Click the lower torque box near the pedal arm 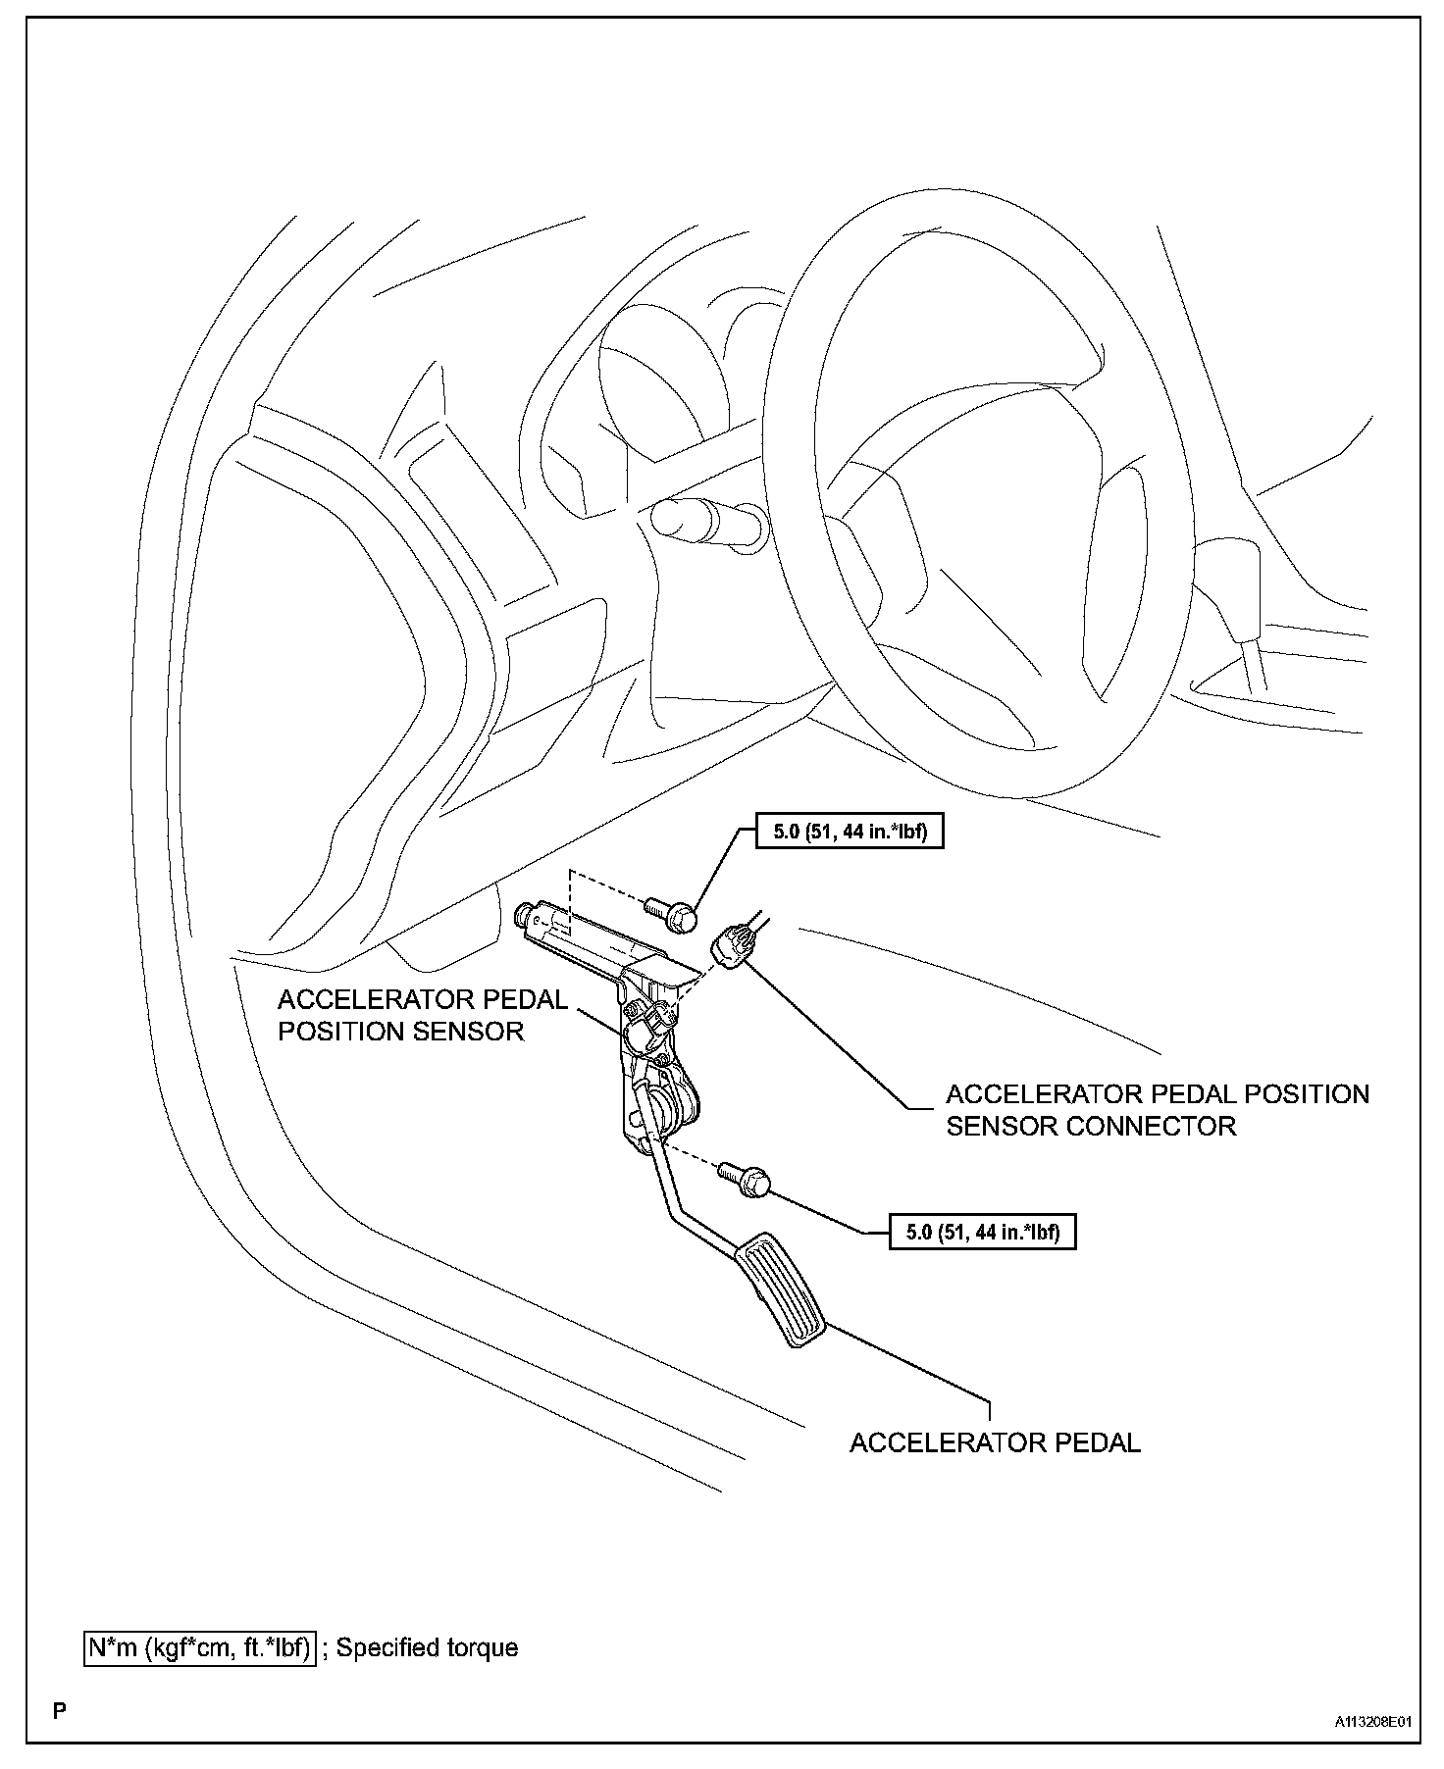pos(982,1232)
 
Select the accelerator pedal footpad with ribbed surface pos(781,1291)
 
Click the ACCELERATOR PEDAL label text pos(995,1443)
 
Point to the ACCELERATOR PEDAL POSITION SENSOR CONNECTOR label pos(1157,1109)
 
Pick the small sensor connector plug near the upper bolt pos(734,945)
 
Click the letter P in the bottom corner pos(60,1712)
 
